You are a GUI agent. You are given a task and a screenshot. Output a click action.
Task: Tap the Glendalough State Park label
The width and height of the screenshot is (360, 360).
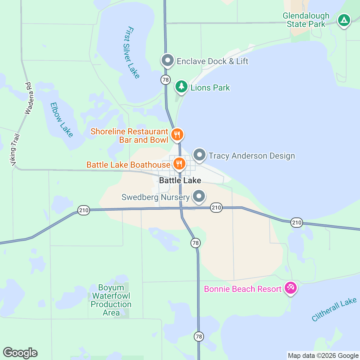point(306,20)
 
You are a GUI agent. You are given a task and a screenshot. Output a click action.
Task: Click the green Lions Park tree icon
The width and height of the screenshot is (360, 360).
point(181,87)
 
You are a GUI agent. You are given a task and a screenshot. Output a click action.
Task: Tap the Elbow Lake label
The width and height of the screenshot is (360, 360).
point(61,120)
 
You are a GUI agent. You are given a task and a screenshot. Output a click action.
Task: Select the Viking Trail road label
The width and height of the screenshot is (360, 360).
point(15,150)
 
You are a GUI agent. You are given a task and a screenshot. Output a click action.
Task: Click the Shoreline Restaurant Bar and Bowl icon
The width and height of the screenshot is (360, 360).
point(177,135)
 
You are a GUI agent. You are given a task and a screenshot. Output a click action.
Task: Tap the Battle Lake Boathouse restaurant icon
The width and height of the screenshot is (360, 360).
point(179,164)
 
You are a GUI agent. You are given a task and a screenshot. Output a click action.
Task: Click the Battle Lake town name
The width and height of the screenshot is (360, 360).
point(180,180)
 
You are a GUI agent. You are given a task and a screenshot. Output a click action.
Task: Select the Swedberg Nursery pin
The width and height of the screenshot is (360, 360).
point(199,197)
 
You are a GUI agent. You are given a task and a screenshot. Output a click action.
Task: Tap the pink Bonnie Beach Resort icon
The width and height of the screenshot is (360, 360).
point(290,288)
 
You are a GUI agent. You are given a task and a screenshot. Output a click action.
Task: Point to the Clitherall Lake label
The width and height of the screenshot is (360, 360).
point(334,309)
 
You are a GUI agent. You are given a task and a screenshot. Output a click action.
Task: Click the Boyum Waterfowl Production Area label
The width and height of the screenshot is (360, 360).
point(111,300)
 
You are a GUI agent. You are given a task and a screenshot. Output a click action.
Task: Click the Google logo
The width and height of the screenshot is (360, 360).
point(20,353)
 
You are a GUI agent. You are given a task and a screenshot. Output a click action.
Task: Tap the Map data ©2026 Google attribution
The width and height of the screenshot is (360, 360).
point(323,356)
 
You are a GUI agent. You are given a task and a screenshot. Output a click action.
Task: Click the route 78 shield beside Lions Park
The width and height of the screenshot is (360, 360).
point(165,80)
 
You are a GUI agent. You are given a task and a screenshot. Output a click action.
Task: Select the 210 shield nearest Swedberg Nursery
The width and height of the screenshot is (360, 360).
point(216,207)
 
